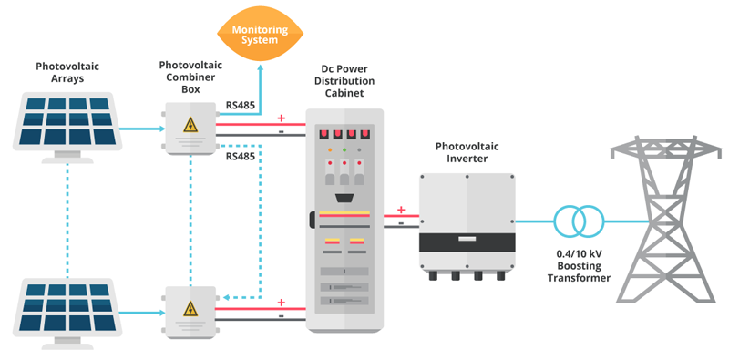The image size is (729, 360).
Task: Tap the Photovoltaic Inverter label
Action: click(467, 152)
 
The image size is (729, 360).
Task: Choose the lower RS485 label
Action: click(240, 156)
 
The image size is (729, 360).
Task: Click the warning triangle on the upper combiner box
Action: click(191, 125)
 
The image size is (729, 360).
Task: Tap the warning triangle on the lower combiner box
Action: click(191, 308)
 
